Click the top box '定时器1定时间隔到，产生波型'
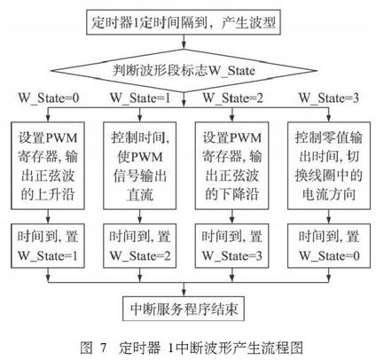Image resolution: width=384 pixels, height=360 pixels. click(184, 22)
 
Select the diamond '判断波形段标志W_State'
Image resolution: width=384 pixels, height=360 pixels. click(184, 71)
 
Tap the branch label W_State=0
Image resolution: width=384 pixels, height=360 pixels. click(49, 98)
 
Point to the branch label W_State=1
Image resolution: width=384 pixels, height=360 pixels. click(140, 98)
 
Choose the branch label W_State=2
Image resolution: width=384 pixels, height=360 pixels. click(232, 98)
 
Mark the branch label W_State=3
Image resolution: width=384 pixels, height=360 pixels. click(328, 98)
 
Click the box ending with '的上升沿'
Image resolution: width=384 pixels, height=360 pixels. click(48, 166)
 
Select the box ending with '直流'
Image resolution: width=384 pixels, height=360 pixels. click(140, 166)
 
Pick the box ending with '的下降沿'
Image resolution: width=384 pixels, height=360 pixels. click(232, 166)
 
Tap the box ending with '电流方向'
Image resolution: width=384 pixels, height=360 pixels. click(329, 166)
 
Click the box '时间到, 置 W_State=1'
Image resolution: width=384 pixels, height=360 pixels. click(48, 246)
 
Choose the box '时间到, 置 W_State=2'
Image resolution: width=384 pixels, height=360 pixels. click(140, 246)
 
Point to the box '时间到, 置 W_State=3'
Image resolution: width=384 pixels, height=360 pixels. click(232, 246)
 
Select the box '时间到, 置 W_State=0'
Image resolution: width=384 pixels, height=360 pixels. click(329, 246)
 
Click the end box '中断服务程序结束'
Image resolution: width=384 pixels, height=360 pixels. click(184, 309)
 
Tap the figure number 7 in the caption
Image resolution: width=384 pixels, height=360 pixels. click(103, 348)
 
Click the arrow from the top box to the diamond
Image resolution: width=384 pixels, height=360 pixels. click(184, 42)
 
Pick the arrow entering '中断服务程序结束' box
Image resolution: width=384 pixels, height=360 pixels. click(184, 289)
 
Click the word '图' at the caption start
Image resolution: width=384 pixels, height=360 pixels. click(86, 348)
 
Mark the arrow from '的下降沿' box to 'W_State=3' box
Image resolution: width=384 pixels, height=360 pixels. click(232, 216)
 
